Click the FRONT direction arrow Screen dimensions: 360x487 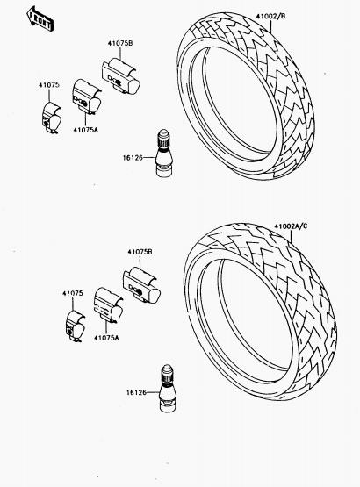coord(40,19)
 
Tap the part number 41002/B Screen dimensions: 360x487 coord(270,16)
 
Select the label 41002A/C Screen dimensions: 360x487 coord(291,226)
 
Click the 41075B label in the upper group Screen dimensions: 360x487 coord(120,44)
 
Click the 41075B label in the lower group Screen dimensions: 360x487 coord(140,252)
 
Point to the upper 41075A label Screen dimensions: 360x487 coord(85,130)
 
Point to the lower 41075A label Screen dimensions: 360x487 coord(106,338)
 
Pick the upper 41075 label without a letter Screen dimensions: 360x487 coord(49,85)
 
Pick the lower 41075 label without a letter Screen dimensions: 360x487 coord(73,293)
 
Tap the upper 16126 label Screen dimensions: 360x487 coord(133,158)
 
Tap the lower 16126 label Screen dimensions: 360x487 coord(136,392)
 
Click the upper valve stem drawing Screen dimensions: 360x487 coord(163,154)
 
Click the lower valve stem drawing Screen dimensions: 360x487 coord(167,389)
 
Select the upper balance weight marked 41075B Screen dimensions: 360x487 coord(120,76)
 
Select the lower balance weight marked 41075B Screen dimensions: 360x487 coord(141,285)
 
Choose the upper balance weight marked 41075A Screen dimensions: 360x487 coord(86,97)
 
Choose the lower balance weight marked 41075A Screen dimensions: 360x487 coord(108,305)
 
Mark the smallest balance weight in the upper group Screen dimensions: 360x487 coord(51,118)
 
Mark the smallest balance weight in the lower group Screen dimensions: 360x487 coord(75,326)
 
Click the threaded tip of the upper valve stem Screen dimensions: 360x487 coord(163,139)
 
